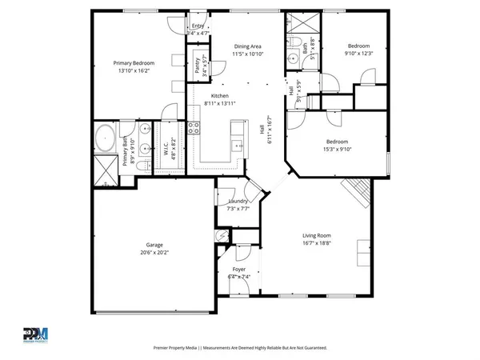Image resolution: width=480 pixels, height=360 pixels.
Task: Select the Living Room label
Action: coord(317,235)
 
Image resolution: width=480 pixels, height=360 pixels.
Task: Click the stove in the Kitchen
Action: coord(193,128)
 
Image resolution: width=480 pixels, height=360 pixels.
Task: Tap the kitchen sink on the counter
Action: coord(237,145)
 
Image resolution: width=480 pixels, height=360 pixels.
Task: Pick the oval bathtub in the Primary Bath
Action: coord(105,141)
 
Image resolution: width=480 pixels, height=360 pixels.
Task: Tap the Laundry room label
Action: coord(238,201)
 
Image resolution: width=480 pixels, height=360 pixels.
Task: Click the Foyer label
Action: coord(239,270)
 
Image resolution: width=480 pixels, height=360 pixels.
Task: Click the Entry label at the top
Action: coord(198,26)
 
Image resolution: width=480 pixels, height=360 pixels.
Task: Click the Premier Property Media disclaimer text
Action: coord(240,348)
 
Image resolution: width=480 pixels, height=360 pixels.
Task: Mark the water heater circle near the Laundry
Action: coord(223,238)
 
